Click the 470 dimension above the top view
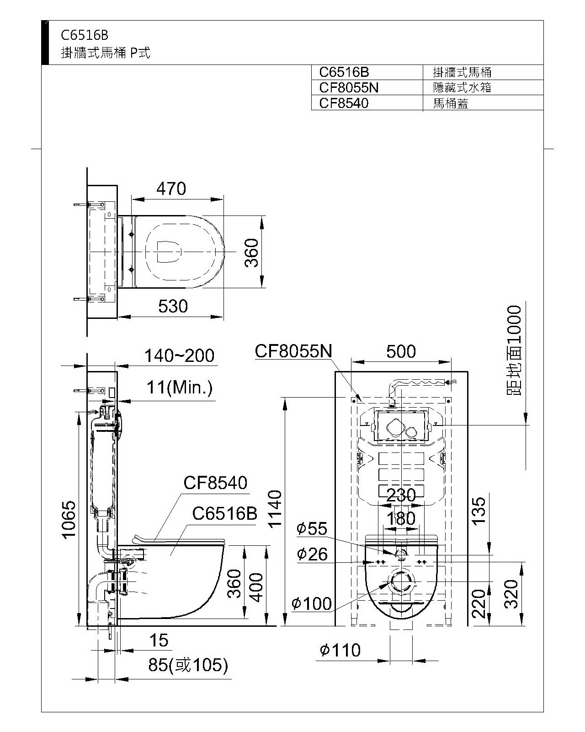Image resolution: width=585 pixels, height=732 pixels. tap(171, 188)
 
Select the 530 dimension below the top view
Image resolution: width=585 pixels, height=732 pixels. tap(173, 306)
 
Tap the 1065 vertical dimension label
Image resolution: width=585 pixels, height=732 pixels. tap(69, 520)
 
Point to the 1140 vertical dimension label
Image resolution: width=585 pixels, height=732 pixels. tap(275, 509)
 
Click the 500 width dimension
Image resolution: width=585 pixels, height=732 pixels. tap(401, 352)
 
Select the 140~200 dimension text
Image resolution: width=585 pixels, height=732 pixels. tap(179, 356)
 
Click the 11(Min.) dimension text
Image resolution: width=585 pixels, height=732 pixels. tap(180, 388)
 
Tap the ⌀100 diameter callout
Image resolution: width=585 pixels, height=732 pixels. tap(311, 604)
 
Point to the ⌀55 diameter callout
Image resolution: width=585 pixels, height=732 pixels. tap(312, 528)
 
